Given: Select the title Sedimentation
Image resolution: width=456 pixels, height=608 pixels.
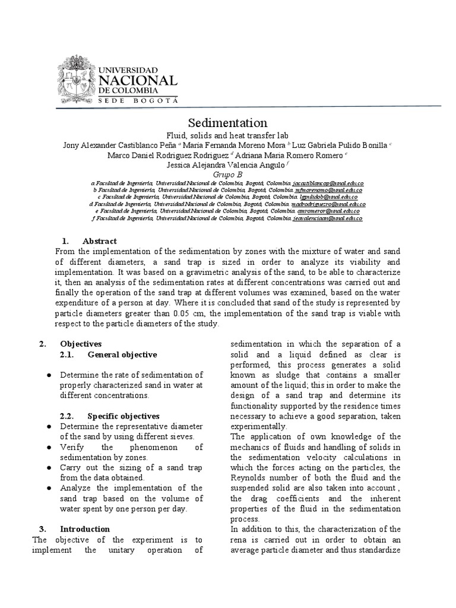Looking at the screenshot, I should pos(227,123).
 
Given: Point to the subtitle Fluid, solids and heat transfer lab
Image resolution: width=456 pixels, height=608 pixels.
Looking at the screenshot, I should pos(227,135).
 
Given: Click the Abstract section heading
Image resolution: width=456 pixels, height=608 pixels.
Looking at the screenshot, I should pos(100,241).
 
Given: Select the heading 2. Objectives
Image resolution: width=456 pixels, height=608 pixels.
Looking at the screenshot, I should pos(81,344).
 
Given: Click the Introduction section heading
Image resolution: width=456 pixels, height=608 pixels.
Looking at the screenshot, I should pos(84,529).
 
